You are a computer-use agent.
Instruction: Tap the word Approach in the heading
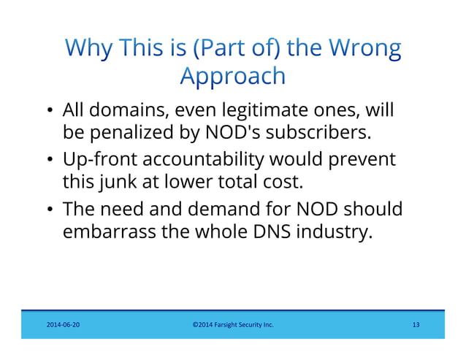(232, 76)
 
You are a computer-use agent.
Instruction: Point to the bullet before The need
(49, 210)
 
